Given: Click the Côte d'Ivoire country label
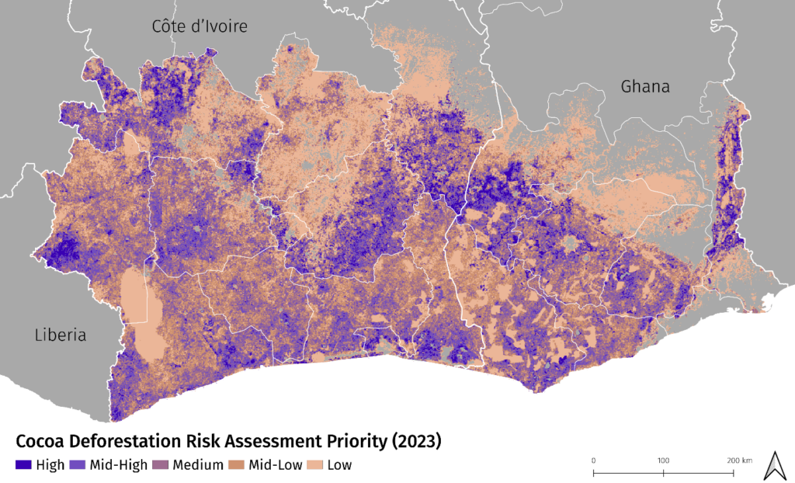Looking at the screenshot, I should (x=200, y=26).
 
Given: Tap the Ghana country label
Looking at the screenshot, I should (x=644, y=86).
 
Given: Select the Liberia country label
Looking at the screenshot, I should (x=60, y=335).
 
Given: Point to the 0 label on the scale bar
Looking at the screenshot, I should (x=593, y=460).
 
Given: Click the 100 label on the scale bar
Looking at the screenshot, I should (x=664, y=460).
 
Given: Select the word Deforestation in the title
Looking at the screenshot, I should (x=123, y=442).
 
